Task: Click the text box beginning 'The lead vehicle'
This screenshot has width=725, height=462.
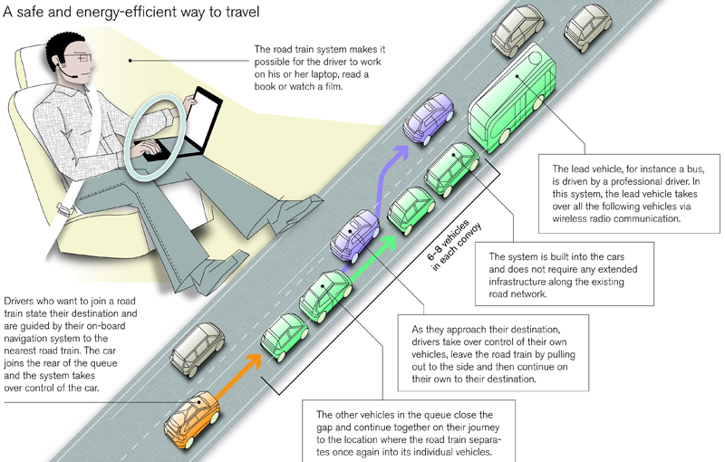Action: (627, 191)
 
